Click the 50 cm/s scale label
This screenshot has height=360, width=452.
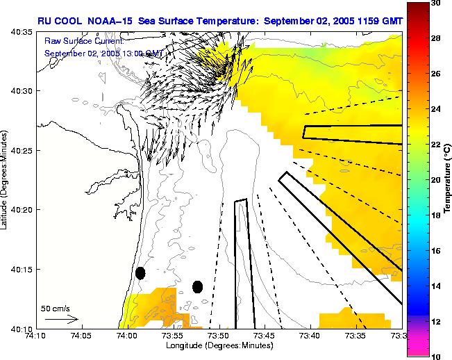[x=55, y=308]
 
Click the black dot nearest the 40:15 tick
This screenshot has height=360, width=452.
[x=140, y=273]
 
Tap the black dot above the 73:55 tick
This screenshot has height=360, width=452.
[x=197, y=287]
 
